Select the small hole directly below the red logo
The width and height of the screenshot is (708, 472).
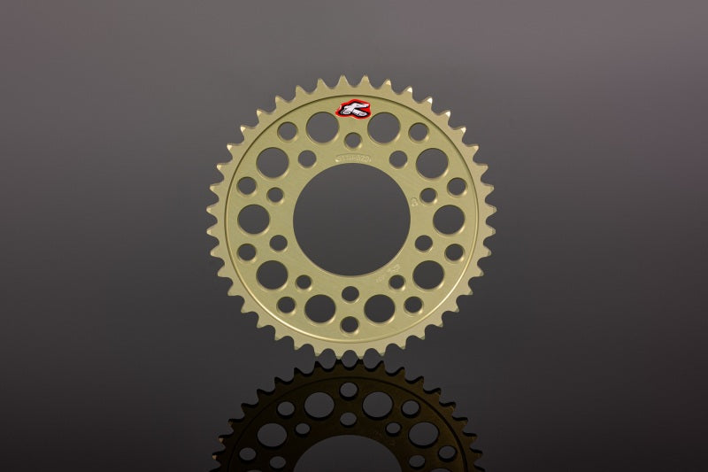(352, 140)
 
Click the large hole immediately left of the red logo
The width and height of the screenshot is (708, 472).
(321, 128)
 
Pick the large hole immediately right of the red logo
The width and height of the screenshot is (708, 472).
(383, 128)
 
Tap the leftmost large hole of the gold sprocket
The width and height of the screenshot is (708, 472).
(254, 219)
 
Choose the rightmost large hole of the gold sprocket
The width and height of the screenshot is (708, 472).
(449, 219)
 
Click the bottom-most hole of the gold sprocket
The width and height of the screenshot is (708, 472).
(351, 324)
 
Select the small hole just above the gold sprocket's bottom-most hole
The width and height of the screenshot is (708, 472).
(350, 294)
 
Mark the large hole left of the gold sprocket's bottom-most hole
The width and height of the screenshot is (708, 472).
(319, 307)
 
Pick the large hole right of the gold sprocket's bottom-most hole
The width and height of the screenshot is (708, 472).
(381, 307)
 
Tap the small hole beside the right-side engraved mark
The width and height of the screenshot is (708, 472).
(428, 195)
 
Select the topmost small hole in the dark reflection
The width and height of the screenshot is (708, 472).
(349, 389)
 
